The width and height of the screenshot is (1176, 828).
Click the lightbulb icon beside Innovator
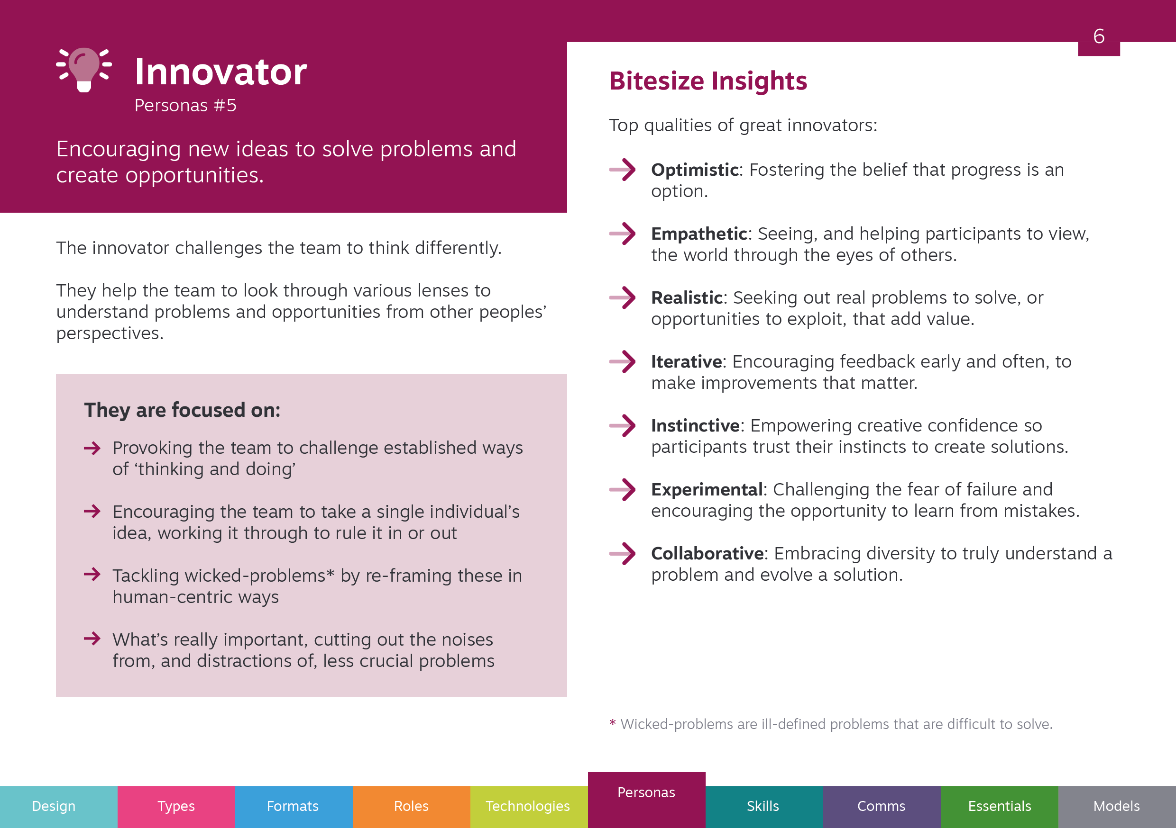point(84,70)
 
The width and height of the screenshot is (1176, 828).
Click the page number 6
point(1099,36)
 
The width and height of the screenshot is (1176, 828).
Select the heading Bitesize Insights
point(708,81)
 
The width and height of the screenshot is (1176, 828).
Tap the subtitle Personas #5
point(185,106)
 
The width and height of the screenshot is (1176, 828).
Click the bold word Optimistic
point(695,170)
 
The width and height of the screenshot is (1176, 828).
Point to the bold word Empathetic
point(699,234)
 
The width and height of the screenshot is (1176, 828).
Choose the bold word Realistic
point(687,297)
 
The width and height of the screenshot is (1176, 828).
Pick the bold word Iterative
point(686,361)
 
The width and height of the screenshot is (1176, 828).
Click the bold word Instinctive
point(696,425)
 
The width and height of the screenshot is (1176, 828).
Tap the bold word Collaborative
point(707,553)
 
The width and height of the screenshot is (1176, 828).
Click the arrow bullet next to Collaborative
point(622,554)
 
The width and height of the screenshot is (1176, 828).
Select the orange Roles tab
point(411,807)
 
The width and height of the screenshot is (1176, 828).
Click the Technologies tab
point(529,807)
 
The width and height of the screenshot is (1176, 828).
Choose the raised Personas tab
point(646,800)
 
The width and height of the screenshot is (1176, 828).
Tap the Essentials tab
point(999,807)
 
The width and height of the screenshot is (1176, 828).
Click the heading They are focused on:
point(183,410)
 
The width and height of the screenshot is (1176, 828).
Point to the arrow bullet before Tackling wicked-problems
point(92,574)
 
